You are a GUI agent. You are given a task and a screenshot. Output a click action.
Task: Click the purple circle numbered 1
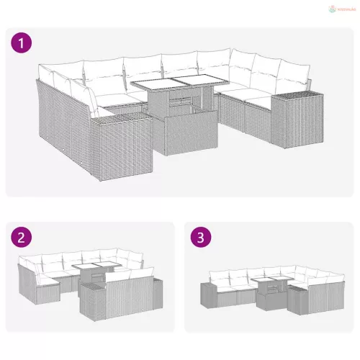coord(23,43)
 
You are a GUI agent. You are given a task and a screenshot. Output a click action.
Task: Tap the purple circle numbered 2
coord(23,237)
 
